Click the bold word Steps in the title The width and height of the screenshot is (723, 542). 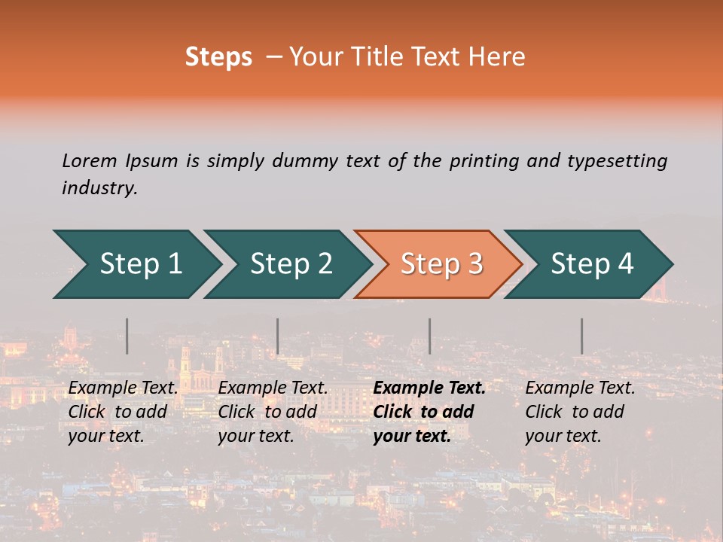pyautogui.click(x=218, y=57)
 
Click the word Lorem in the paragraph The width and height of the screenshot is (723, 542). pyautogui.click(x=90, y=160)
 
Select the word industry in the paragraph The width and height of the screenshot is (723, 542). pyautogui.click(x=99, y=188)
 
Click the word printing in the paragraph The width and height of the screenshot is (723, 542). pyautogui.click(x=484, y=160)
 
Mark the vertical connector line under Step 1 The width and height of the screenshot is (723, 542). pyautogui.click(x=127, y=336)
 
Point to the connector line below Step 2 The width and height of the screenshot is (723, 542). pyautogui.click(x=278, y=336)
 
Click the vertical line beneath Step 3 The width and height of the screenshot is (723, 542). pyautogui.click(x=430, y=336)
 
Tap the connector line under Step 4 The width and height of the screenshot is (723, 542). pyautogui.click(x=582, y=336)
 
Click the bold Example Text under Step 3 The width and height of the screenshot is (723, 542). pyautogui.click(x=429, y=388)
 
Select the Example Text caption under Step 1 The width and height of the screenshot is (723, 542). pyautogui.click(x=124, y=388)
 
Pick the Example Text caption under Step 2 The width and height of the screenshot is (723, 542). pyautogui.click(x=273, y=388)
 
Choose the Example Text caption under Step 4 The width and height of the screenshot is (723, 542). pyautogui.click(x=580, y=388)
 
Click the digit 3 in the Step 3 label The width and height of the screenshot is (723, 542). pyautogui.click(x=474, y=264)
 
